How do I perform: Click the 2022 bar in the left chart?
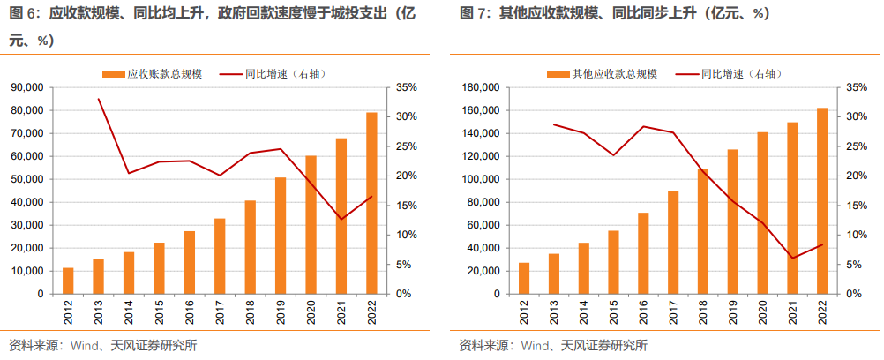(x=372, y=203)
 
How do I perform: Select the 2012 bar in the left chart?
(x=68, y=281)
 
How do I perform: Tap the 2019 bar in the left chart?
(x=281, y=236)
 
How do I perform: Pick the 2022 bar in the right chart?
(x=822, y=200)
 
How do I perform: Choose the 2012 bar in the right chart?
(x=524, y=278)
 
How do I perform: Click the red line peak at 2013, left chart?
(x=99, y=99)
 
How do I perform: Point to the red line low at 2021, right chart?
(x=792, y=258)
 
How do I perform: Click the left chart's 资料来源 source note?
(x=101, y=345)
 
